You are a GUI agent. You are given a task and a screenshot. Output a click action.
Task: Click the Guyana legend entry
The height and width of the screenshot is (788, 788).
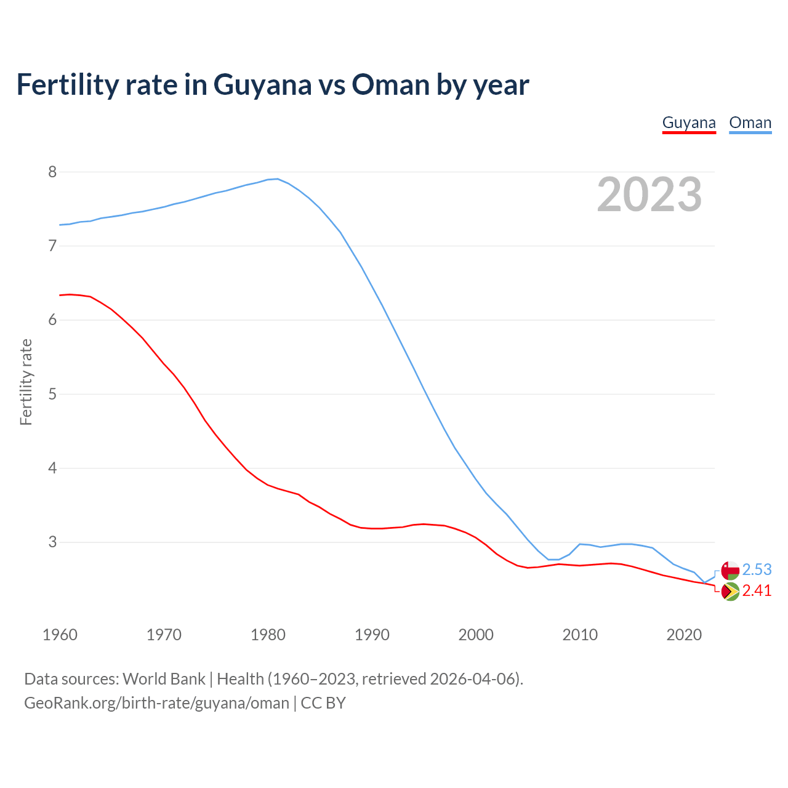[x=689, y=123]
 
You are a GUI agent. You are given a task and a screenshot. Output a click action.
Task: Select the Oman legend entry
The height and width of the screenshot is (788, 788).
[x=750, y=123]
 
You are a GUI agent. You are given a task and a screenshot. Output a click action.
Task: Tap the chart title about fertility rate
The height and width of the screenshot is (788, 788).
[x=272, y=84]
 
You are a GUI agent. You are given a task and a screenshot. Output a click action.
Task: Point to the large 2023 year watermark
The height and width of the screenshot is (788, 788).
[x=649, y=195]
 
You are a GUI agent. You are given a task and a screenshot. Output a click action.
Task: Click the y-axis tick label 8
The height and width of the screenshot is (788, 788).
[x=52, y=172]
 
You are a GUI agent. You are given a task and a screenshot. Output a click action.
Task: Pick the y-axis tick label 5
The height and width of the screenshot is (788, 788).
[x=52, y=394]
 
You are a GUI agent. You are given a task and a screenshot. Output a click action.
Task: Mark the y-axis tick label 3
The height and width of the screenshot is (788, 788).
[x=52, y=542]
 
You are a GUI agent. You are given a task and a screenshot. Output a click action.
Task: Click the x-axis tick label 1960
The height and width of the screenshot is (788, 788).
[x=60, y=635]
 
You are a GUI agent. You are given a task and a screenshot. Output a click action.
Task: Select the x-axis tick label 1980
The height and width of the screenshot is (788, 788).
[x=268, y=635]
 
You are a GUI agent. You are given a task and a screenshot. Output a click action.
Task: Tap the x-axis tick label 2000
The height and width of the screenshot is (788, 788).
[x=476, y=635]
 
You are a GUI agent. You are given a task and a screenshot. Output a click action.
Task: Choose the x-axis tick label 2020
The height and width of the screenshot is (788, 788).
[x=684, y=635]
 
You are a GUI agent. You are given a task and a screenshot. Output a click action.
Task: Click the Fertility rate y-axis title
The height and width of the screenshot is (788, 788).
[x=26, y=382]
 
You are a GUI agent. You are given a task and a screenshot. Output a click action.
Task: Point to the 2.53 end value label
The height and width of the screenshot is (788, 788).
[x=757, y=569]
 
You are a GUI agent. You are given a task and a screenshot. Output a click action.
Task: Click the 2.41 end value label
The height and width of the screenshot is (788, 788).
[x=757, y=590]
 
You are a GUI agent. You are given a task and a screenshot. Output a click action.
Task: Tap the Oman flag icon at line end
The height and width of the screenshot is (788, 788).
[x=730, y=569]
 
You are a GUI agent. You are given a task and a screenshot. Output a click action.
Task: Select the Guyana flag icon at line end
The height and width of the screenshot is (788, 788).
[x=730, y=591]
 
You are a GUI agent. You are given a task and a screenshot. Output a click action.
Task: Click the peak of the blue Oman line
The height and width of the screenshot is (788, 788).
[x=278, y=179]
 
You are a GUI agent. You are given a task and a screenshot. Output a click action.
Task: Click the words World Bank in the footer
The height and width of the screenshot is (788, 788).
[x=164, y=679]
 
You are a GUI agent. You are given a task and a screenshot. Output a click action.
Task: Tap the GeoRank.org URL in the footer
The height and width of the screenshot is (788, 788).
[x=156, y=703]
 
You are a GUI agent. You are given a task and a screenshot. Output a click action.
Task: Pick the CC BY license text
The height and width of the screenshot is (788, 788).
[x=323, y=703]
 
